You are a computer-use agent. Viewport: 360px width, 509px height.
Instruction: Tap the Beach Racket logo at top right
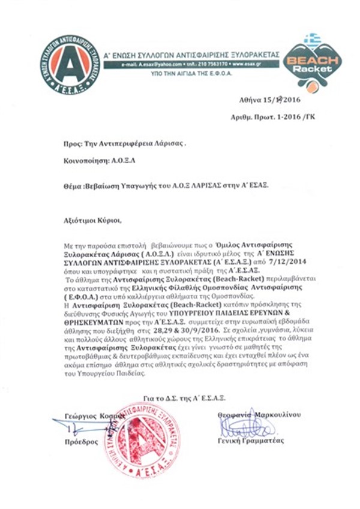[x=312, y=61]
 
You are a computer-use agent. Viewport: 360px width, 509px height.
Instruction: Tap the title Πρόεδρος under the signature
[x=80, y=441]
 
